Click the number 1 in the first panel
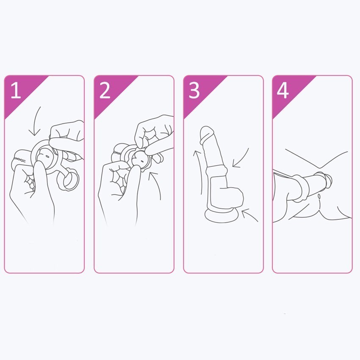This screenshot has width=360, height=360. pyautogui.click(x=16, y=91)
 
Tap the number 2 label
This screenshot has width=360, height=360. pyautogui.click(x=105, y=91)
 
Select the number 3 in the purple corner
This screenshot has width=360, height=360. pyautogui.click(x=194, y=91)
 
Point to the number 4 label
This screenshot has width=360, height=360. pyautogui.click(x=282, y=91)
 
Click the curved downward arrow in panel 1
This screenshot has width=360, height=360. pyautogui.click(x=34, y=122)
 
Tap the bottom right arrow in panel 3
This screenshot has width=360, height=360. pyautogui.click(x=249, y=215)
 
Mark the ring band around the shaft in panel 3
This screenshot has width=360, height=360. pyautogui.click(x=216, y=170)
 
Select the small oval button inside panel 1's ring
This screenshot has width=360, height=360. pyautogui.click(x=47, y=156)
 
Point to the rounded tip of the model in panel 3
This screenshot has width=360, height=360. pyautogui.click(x=207, y=133)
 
